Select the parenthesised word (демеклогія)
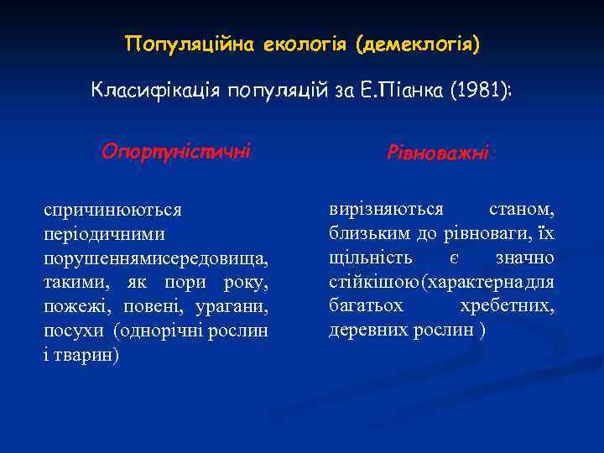pos(417,43)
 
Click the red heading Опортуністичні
pos(175,152)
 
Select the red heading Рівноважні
pos(437,154)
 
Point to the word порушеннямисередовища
pos(156,257)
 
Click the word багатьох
pos(366,305)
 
